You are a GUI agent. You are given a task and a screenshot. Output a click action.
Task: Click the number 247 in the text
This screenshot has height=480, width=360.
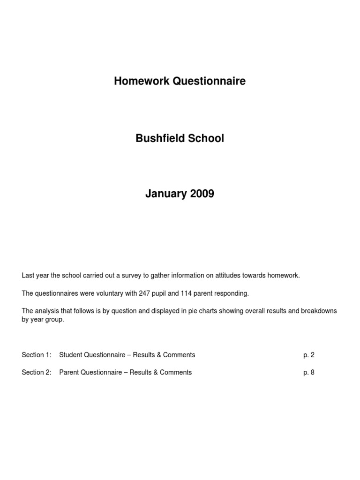pyautogui.click(x=144, y=293)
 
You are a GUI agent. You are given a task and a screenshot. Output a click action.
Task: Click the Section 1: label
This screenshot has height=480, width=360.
pyautogui.click(x=36, y=355)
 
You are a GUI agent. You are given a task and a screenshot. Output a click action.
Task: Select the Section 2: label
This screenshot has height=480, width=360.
pyautogui.click(x=36, y=373)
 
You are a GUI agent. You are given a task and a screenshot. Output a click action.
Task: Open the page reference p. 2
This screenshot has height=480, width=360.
pyautogui.click(x=309, y=355)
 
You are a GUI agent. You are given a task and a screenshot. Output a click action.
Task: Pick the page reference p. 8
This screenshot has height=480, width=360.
pyautogui.click(x=309, y=373)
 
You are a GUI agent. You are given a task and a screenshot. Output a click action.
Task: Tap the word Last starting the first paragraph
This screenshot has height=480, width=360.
pyautogui.click(x=28, y=276)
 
